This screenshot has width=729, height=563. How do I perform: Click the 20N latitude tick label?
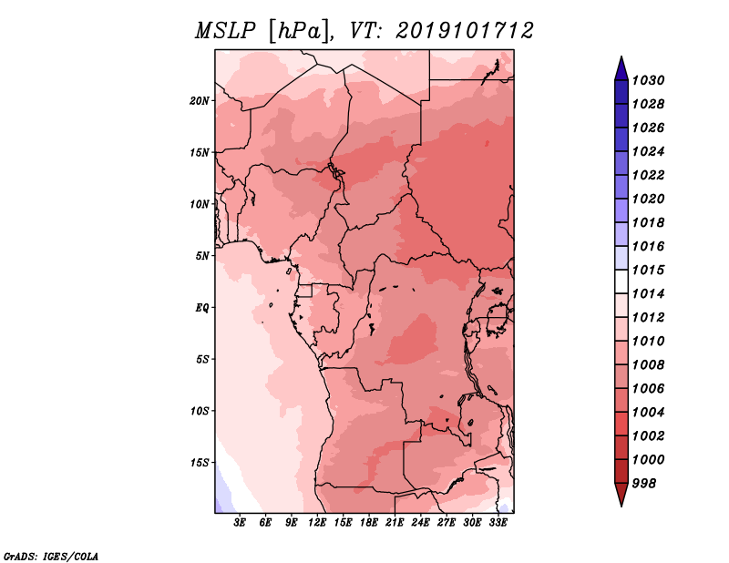pyautogui.click(x=200, y=101)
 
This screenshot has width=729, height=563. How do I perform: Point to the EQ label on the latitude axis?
pyautogui.click(x=202, y=308)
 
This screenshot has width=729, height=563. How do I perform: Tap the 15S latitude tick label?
pyautogui.click(x=200, y=463)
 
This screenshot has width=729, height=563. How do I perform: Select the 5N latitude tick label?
pyautogui.click(x=202, y=256)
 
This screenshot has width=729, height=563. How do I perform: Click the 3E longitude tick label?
pyautogui.click(x=240, y=522)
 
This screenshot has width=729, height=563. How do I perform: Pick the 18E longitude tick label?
pyautogui.click(x=369, y=522)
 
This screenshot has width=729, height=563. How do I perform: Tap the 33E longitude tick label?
pyautogui.click(x=498, y=522)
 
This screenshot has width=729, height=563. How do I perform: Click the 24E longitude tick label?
pyautogui.click(x=420, y=522)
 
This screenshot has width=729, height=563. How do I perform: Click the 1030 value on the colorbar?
pyautogui.click(x=648, y=80)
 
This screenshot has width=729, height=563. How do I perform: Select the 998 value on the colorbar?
pyautogui.click(x=644, y=484)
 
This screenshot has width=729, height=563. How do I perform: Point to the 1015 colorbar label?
pyautogui.click(x=648, y=270)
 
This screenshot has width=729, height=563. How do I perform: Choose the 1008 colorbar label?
pyautogui.click(x=648, y=365)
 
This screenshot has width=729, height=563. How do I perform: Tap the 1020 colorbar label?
pyautogui.click(x=648, y=199)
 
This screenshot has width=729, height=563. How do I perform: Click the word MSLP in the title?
pyautogui.click(x=225, y=31)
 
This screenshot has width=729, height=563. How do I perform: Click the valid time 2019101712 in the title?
pyautogui.click(x=464, y=31)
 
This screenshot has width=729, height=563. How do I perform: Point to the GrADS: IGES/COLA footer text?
pyautogui.click(x=50, y=556)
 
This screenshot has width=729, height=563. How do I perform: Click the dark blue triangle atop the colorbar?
pyautogui.click(x=621, y=69)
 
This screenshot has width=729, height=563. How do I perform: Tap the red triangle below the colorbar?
pyautogui.click(x=621, y=494)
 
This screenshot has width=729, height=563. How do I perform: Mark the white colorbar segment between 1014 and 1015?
pyautogui.click(x=621, y=281)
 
